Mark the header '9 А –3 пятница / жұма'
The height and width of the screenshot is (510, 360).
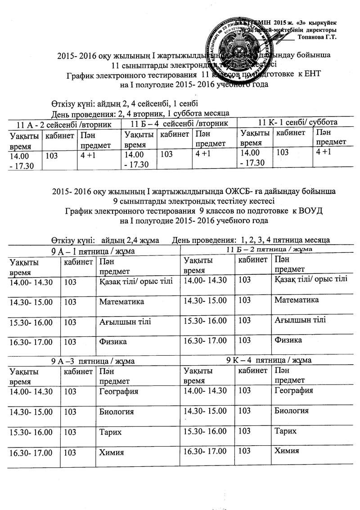click(93, 361)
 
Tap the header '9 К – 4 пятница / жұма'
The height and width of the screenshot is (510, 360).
click(269, 360)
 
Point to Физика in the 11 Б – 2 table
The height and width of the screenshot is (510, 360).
click(288, 340)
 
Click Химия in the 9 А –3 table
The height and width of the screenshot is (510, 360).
click(111, 452)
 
